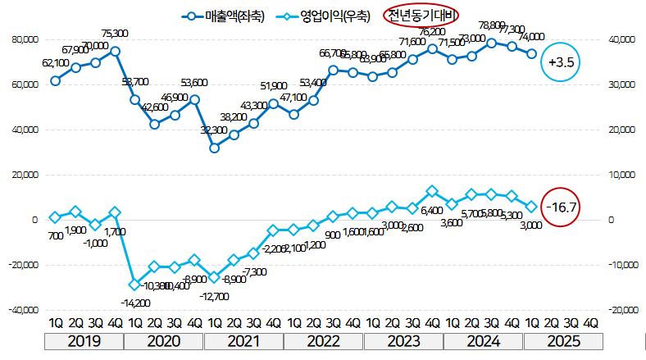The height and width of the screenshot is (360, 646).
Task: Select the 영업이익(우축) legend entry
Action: pyautogui.click(x=325, y=15)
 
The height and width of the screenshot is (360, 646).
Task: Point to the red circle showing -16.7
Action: pyautogui.click(x=561, y=207)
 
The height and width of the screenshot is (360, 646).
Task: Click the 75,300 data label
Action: pyautogui.click(x=115, y=34)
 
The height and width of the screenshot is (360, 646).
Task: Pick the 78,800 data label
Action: pyautogui.click(x=491, y=25)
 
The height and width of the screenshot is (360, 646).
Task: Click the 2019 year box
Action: pyautogui.click(x=85, y=339)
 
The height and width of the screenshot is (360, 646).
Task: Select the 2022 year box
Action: pyautogui.click(x=324, y=339)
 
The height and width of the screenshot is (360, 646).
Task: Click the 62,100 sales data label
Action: pyautogui.click(x=55, y=62)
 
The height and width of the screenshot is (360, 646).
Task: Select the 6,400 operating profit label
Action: pyautogui.click(x=432, y=210)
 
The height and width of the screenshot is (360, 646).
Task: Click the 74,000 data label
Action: pyautogui.click(x=531, y=37)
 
